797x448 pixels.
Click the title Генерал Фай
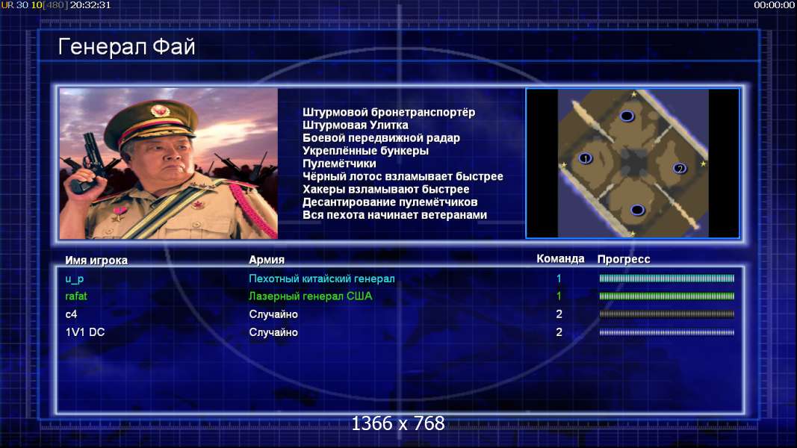click(126, 47)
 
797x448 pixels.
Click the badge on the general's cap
click(160, 111)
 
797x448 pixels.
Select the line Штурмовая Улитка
click(356, 125)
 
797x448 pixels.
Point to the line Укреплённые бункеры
click(365, 151)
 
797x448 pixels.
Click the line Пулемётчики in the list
click(339, 164)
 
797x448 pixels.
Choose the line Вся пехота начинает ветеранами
click(394, 215)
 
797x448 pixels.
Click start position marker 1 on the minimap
click(586, 158)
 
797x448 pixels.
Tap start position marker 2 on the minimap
click(680, 168)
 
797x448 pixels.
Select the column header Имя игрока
click(96, 260)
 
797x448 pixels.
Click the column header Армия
click(267, 260)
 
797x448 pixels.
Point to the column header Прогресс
click(624, 259)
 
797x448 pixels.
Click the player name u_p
click(74, 279)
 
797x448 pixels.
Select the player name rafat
click(75, 296)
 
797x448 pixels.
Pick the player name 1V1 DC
click(85, 332)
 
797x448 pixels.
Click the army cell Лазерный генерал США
click(310, 296)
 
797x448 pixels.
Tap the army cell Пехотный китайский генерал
click(321, 279)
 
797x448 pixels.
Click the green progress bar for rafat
click(666, 296)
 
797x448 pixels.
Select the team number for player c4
click(559, 314)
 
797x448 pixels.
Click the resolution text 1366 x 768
click(398, 423)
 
